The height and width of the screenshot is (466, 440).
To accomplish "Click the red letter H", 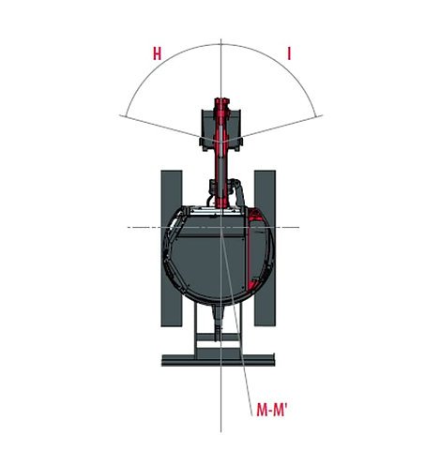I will pos(157,54).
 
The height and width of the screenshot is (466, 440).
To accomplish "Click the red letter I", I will pos(288,54).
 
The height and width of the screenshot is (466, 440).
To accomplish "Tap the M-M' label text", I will pos(270,410).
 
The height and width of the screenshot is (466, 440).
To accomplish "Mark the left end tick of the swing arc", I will pos(122,115).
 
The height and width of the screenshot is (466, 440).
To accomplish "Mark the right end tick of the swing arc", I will pos(319,115).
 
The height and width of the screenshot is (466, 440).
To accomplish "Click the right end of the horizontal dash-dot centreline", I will pos(298,227).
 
